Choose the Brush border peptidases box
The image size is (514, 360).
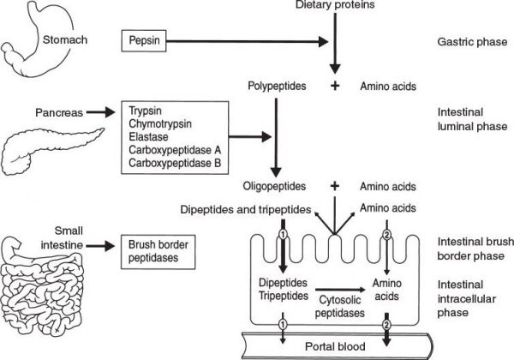point(157,251)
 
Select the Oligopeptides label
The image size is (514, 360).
point(275,185)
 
